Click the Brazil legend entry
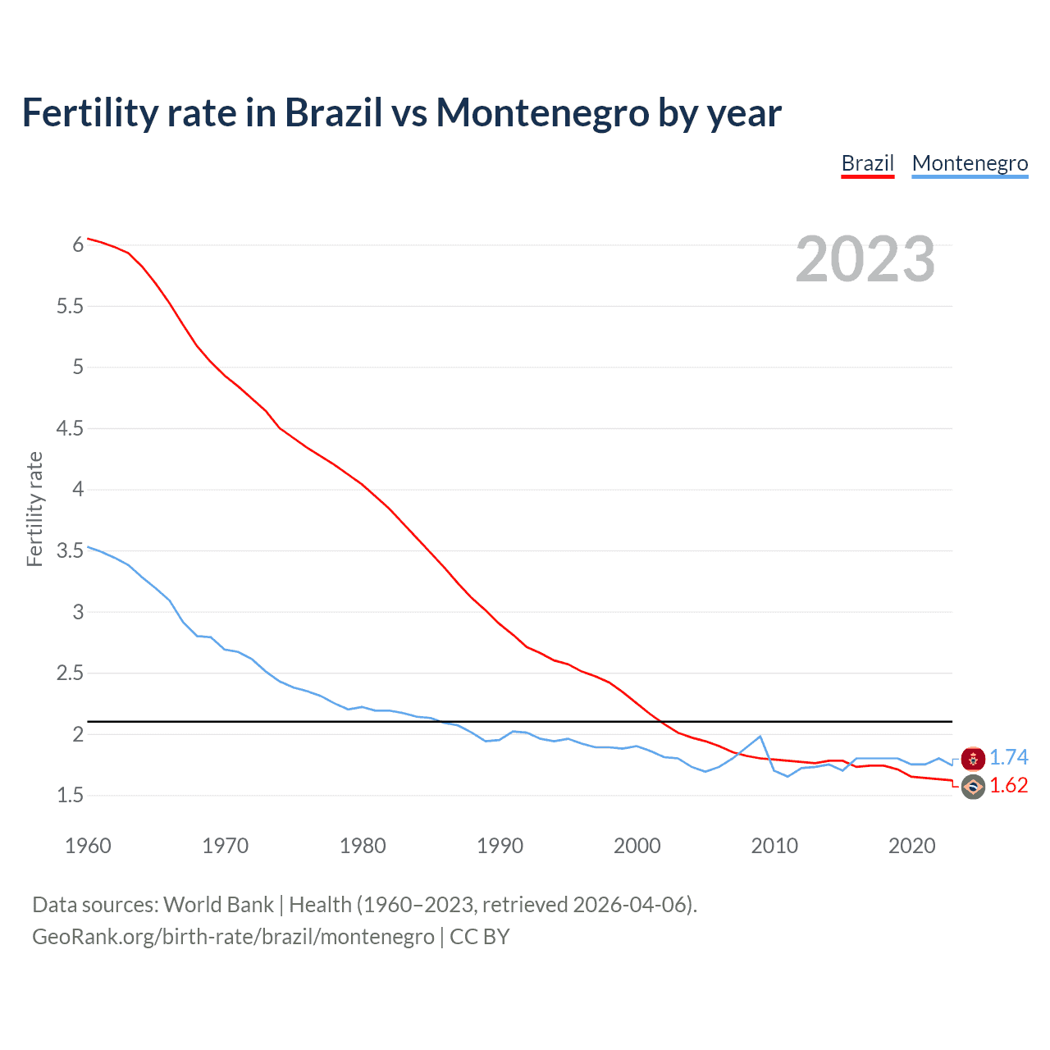867,163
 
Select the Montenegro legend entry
970,163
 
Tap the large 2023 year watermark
865,259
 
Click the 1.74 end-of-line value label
1008,757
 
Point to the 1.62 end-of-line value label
1008,785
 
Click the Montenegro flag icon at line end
973,759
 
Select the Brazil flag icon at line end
973,787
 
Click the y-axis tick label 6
78,244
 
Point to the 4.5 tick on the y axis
70,428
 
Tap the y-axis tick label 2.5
70,673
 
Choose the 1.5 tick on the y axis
70,795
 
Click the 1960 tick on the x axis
88,846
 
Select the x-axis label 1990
500,846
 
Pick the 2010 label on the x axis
774,846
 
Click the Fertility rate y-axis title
34,509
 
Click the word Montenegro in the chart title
542,112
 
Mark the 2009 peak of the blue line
760,737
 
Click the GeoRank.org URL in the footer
233,936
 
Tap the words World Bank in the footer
218,904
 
